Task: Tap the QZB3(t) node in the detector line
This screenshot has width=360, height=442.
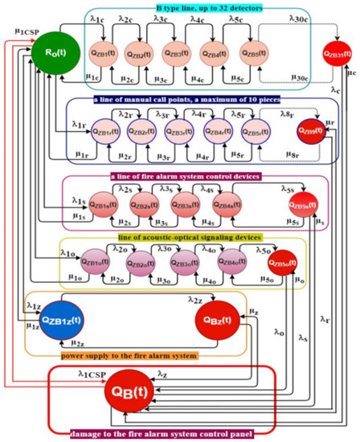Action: [x=177, y=54]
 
